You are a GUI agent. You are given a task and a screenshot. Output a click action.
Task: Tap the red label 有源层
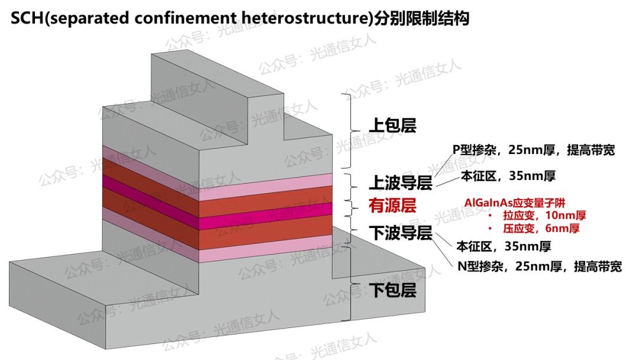click(x=393, y=206)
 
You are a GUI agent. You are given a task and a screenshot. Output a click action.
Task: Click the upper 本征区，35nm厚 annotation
click(x=508, y=176)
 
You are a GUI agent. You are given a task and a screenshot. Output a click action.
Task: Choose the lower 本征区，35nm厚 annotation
click(x=504, y=246)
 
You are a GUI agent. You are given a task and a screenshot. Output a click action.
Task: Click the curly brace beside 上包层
click(x=348, y=130)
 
